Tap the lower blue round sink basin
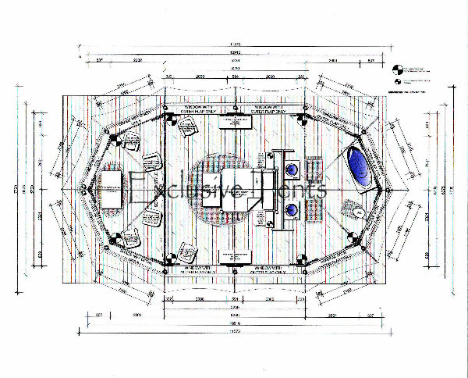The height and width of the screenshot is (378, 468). [x=292, y=209]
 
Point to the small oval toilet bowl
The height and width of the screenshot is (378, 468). [x=356, y=212]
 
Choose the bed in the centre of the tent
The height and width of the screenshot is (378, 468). [x=230, y=187]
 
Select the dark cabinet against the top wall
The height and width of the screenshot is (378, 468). [x=234, y=121]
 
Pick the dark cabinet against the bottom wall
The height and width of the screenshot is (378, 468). [x=234, y=255]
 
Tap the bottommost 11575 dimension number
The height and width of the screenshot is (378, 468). [x=234, y=333]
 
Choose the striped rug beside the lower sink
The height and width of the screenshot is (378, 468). [x=314, y=210]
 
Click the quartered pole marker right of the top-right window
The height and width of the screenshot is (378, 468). [x=300, y=119]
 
